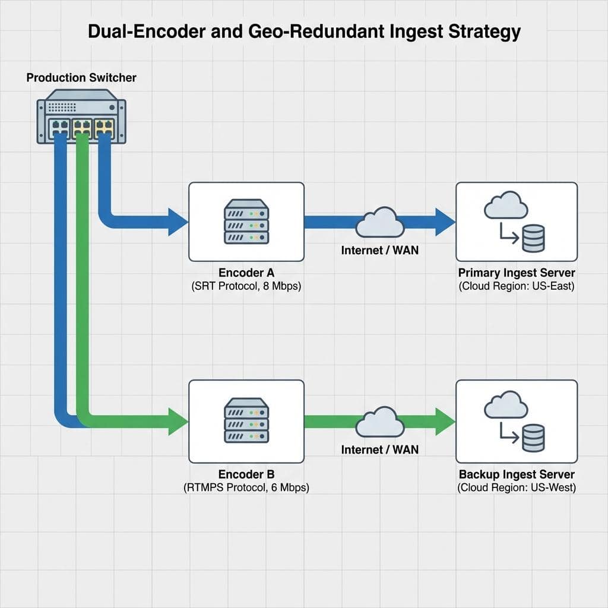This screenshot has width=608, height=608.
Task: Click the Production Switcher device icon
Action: point(81,116)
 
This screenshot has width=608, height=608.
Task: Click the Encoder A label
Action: point(246,273)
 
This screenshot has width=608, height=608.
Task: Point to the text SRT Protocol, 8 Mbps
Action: point(246,286)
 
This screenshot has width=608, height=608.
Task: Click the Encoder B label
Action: point(246,474)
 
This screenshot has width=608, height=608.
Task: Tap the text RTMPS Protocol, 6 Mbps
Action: point(246,487)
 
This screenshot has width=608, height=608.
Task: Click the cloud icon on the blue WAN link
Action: point(380,222)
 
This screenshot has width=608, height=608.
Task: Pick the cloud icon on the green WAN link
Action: point(380,422)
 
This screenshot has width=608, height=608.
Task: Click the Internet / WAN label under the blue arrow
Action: point(380,250)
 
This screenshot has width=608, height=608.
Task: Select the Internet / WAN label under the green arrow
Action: point(380,449)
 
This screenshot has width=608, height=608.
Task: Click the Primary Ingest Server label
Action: point(517,273)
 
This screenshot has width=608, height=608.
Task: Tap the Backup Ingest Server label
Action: point(517,474)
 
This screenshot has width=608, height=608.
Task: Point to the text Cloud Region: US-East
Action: point(517,286)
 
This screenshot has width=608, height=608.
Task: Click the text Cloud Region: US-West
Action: point(517,487)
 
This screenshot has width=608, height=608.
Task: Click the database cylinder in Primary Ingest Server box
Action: point(532,239)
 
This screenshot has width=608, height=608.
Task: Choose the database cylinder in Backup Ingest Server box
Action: point(532,438)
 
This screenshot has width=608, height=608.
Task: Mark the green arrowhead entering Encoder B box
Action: point(177,421)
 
